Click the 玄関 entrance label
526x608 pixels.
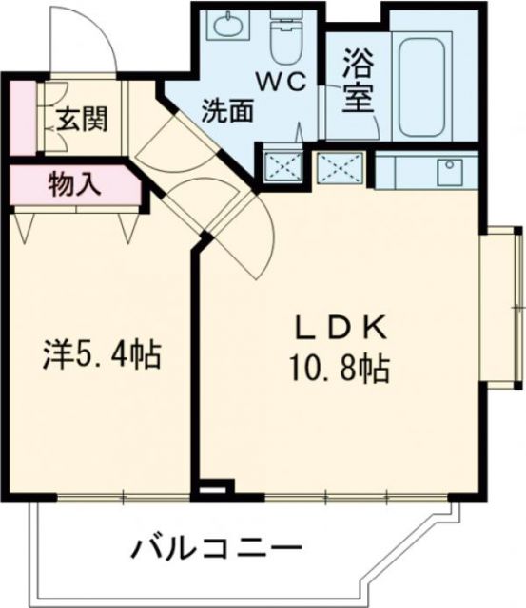[x=81, y=120]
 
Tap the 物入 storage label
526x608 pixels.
[x=74, y=184]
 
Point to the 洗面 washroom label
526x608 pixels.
[x=227, y=110]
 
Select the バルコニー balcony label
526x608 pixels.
[x=217, y=548]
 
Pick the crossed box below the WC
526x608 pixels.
[x=281, y=166]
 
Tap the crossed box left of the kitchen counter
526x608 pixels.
[x=340, y=167]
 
